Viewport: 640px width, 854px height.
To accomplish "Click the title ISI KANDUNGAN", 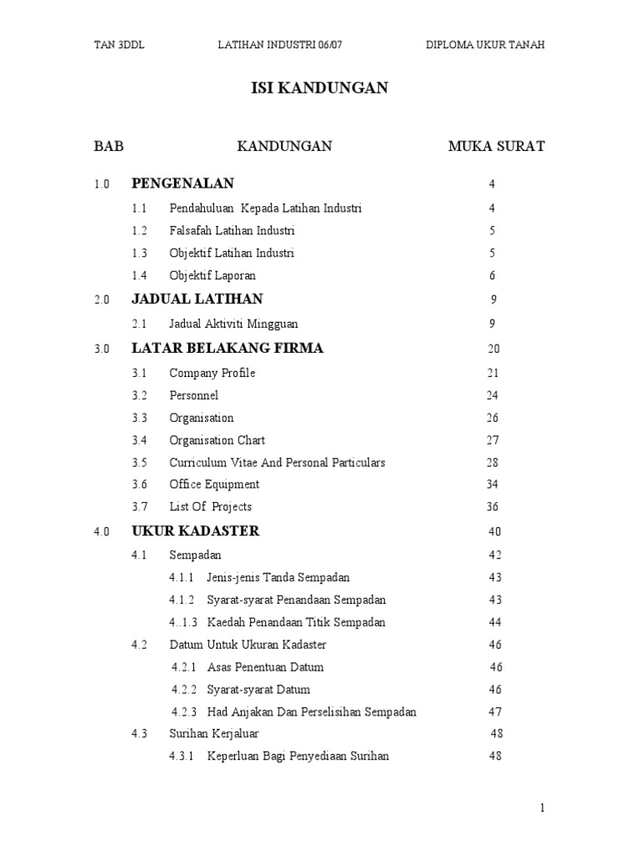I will click(x=319, y=88).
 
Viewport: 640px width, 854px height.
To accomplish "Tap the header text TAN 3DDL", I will click(x=119, y=44).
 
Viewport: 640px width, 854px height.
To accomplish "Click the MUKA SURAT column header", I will click(x=497, y=147).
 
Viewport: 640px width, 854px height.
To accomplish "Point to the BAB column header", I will click(x=108, y=147).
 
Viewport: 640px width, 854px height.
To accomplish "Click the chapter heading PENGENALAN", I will click(x=182, y=183).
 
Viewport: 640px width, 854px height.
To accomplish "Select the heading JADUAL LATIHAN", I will click(x=197, y=299).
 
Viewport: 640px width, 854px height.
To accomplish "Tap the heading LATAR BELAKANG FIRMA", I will click(x=227, y=349).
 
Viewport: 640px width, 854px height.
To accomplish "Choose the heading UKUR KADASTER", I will click(x=196, y=531).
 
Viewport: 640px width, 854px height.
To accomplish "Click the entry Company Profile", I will click(x=212, y=373).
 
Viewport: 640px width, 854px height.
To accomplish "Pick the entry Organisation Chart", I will click(x=217, y=440).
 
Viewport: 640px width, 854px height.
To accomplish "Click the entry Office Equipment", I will click(x=214, y=485).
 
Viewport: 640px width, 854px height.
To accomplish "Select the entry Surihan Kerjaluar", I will click(x=214, y=734).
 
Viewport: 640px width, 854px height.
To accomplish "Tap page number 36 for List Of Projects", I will click(x=492, y=507).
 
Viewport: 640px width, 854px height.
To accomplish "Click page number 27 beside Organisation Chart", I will click(x=492, y=440).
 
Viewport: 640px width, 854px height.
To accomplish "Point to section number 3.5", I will click(x=139, y=463).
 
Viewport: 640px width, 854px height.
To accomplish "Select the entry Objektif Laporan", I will click(x=212, y=276).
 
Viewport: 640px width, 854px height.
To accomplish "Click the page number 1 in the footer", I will click(x=542, y=807).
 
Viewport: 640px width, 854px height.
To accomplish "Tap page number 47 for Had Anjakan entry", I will click(x=495, y=712).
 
